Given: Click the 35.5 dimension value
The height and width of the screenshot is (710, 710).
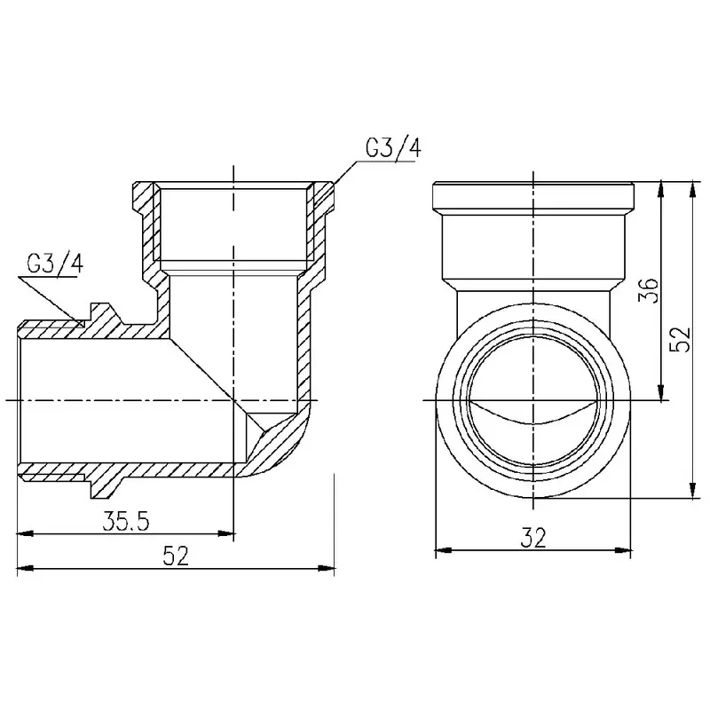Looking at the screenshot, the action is click(x=125, y=521).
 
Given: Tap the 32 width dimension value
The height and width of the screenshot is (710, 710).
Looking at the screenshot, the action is click(x=533, y=538).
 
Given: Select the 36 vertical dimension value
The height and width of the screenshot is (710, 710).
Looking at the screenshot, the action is click(x=648, y=290).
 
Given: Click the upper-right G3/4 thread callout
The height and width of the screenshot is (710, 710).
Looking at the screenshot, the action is click(x=393, y=148).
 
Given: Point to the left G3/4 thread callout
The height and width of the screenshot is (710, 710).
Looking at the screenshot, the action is click(x=55, y=264).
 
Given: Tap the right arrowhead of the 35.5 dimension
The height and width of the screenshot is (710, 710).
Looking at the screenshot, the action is click(x=226, y=534).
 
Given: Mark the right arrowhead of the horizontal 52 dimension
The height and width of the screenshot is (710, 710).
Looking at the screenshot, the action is click(x=326, y=568).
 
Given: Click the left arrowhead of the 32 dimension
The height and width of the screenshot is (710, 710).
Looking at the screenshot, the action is click(x=444, y=550).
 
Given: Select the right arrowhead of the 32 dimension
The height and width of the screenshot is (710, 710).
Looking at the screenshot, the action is click(x=622, y=550).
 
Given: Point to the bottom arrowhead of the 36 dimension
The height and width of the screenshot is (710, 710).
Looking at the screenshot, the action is click(x=661, y=392).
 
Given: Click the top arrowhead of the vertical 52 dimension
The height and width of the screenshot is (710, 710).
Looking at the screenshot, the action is click(x=692, y=189).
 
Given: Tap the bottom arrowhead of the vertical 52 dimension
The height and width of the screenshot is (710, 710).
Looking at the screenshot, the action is click(x=692, y=490).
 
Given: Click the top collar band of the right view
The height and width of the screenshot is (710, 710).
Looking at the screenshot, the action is click(x=533, y=195).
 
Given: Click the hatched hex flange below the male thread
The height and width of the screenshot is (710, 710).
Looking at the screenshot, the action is click(x=105, y=486).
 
